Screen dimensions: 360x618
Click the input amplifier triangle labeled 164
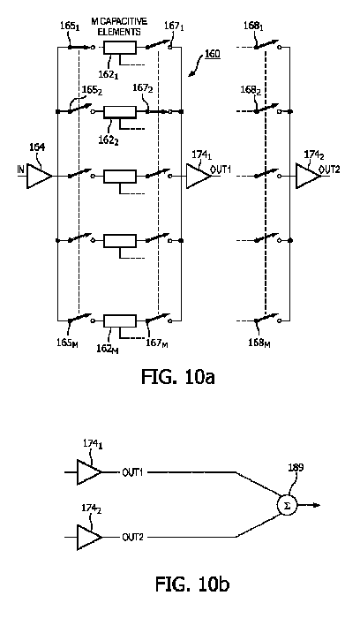coord(39,177)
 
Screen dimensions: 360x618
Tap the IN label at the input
coord(20,170)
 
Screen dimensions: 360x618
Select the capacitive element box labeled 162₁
coord(120,48)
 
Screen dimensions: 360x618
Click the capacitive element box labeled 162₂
coord(120,112)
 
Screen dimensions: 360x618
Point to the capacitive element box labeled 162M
coord(120,321)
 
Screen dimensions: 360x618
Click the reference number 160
coord(213,54)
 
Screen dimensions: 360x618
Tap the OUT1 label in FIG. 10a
coord(221,170)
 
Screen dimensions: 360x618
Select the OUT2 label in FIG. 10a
coord(329,170)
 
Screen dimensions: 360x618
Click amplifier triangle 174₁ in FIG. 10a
coord(199,177)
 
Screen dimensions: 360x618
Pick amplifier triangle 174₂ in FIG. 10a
coord(308,177)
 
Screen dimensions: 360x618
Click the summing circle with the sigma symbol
coord(287,505)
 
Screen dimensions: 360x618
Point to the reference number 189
coord(296,468)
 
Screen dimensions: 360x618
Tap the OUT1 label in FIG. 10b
coord(132,471)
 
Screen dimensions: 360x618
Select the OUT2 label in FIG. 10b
coord(132,537)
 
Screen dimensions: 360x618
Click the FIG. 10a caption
coord(178,377)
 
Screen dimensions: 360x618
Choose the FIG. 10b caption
coord(192,584)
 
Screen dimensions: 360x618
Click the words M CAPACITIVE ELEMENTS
coord(119,26)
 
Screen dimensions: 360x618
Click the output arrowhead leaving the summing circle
coord(318,505)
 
